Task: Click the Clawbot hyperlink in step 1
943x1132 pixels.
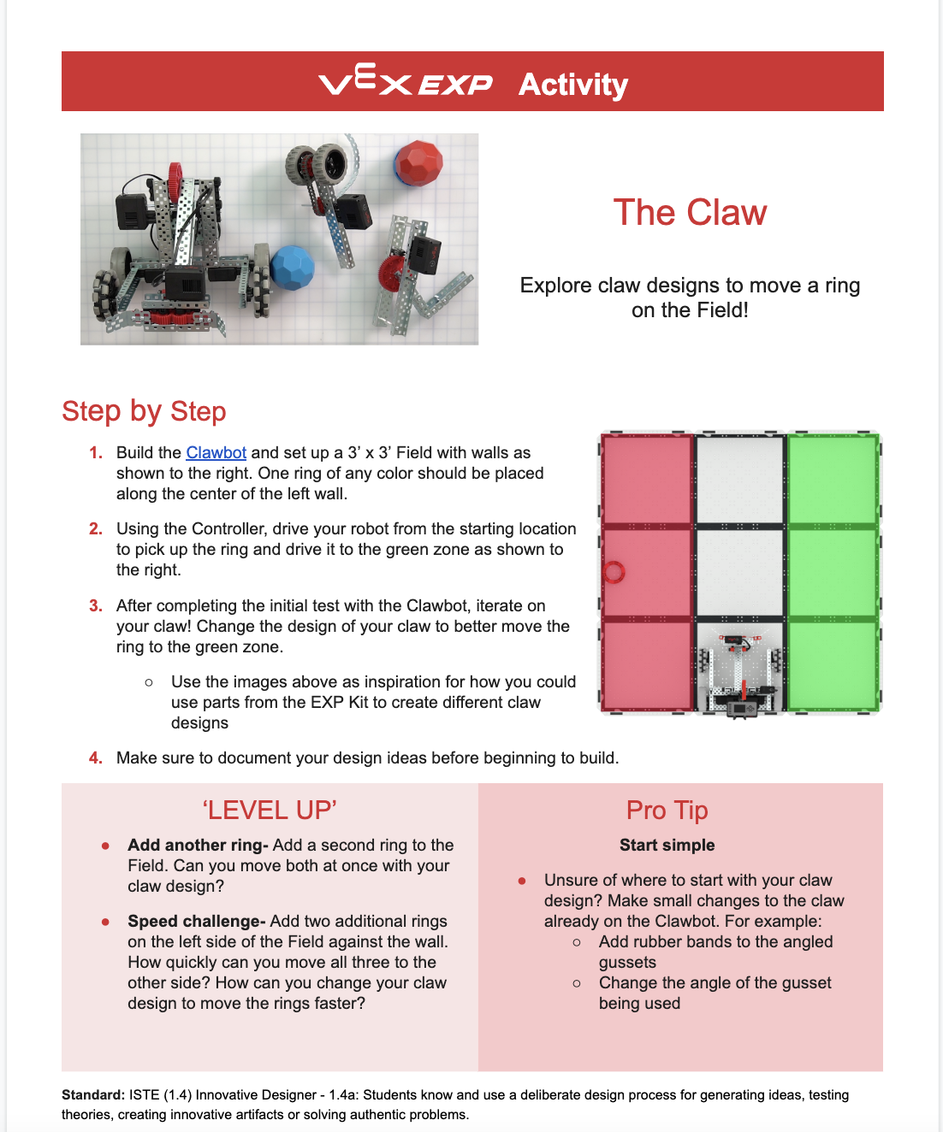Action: (x=216, y=453)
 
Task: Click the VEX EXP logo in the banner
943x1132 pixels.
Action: (x=406, y=83)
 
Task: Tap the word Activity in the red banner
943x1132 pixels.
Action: (x=573, y=84)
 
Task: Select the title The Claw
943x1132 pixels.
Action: (x=690, y=212)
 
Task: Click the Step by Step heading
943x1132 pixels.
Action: (x=144, y=411)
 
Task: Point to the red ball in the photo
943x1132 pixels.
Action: (x=419, y=162)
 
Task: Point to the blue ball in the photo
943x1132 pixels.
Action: (x=293, y=268)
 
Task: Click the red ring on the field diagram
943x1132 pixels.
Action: (x=614, y=572)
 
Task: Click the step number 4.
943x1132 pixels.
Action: (x=96, y=758)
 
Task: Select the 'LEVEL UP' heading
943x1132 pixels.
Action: (x=270, y=811)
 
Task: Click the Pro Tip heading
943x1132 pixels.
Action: (x=667, y=811)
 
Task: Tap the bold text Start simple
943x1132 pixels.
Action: (x=667, y=846)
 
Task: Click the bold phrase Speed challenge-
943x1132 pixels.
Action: (x=196, y=922)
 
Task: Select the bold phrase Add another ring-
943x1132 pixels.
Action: (x=198, y=846)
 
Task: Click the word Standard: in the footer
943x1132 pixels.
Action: (x=93, y=1095)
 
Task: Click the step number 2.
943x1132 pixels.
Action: (x=96, y=529)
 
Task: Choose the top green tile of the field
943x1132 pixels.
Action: (x=832, y=480)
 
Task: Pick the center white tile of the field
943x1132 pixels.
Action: (x=739, y=572)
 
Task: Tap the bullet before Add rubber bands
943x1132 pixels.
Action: (x=577, y=942)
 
